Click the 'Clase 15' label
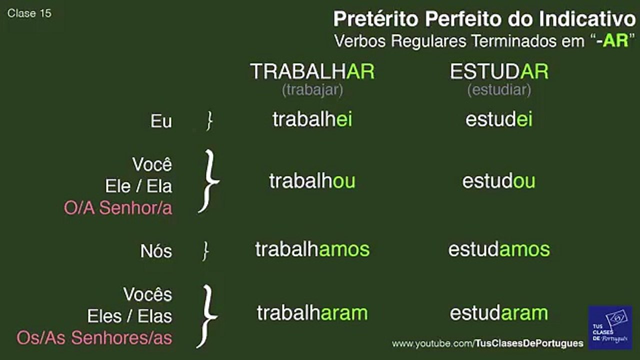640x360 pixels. [x=29, y=13]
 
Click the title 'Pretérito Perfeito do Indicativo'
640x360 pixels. [x=484, y=19]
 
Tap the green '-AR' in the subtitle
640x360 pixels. [x=612, y=41]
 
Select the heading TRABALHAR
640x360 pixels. [x=312, y=71]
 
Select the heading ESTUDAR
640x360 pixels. [x=499, y=71]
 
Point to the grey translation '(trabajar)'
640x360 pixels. [x=312, y=90]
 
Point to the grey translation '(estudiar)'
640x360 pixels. [x=499, y=90]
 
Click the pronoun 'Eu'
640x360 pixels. [x=161, y=121]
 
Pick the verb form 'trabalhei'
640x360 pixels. [x=312, y=119]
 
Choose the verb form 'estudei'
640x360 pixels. [x=499, y=119]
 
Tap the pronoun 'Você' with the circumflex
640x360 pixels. [x=152, y=164]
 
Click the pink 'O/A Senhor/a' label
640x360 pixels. [x=118, y=207]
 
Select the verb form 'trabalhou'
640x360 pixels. [x=312, y=181]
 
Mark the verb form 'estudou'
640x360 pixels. [x=499, y=181]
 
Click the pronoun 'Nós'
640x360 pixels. [x=156, y=251]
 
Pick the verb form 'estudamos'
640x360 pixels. [x=499, y=249]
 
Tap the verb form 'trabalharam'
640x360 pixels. [x=312, y=313]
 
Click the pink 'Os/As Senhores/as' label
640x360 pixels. [x=94, y=337]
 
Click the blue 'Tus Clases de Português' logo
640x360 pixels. [x=610, y=327]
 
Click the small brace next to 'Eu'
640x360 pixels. [x=209, y=121]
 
